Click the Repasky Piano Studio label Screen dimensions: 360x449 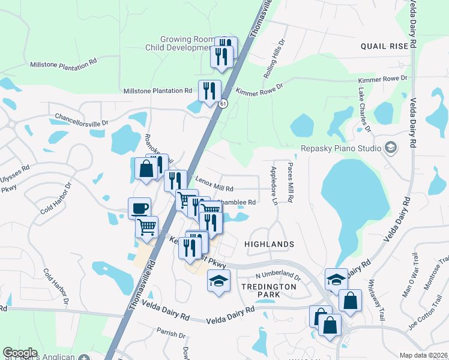[x=341, y=148]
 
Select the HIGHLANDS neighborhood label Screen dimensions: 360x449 [x=270, y=244]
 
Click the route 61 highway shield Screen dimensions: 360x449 [x=223, y=104]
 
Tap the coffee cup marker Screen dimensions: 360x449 [x=139, y=208]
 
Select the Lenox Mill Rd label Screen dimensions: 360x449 [x=214, y=188]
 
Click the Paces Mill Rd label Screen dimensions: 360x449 [x=291, y=182]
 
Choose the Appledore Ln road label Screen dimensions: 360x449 [x=275, y=185]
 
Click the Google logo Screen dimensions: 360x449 [x=20, y=353]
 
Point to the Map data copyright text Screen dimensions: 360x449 [x=424, y=355]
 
